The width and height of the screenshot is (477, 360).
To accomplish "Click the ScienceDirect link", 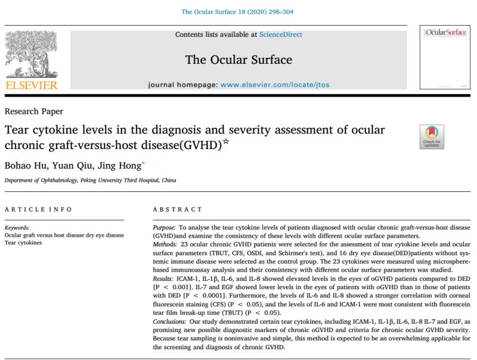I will tap(280, 35).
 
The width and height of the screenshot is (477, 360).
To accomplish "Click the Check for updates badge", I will tap(430, 136).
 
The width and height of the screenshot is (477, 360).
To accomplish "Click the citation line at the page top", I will tap(238, 11).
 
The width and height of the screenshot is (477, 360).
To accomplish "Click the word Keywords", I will tap(18, 228).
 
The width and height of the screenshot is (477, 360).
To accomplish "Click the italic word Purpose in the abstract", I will tap(165, 228).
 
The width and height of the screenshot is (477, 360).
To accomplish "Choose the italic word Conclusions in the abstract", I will tap(171, 320).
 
